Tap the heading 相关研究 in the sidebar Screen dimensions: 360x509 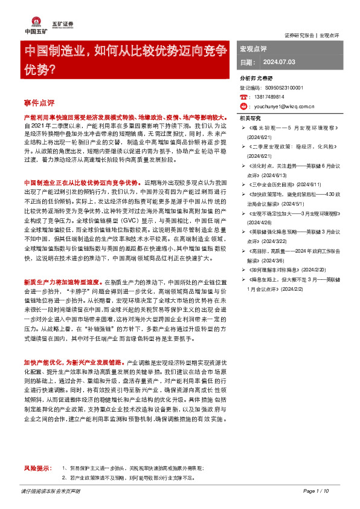click(249, 118)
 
